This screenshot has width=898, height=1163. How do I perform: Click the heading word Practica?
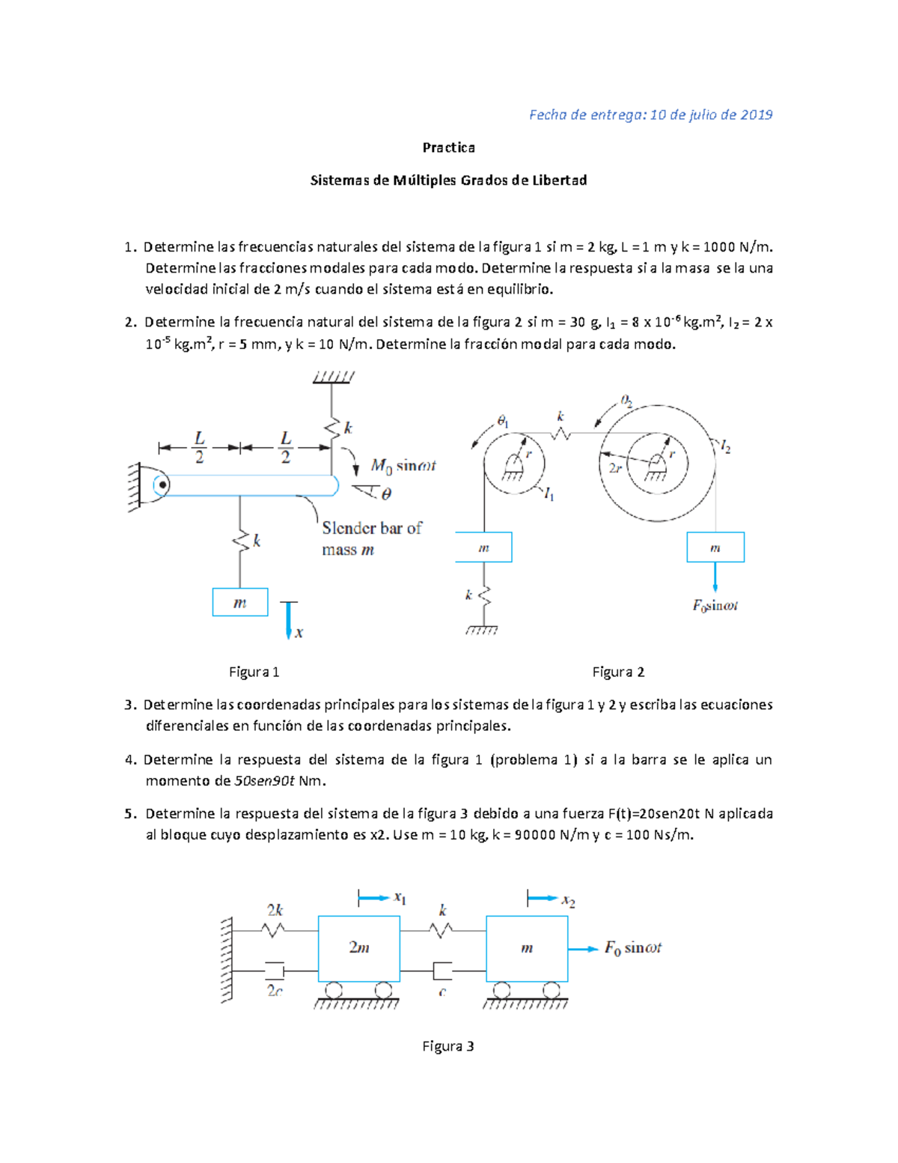448,148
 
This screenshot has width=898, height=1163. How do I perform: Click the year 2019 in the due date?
756,115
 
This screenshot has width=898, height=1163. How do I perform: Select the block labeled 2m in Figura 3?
359,948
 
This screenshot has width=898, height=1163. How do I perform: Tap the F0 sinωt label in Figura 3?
633,948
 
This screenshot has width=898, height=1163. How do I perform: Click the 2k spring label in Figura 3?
275,910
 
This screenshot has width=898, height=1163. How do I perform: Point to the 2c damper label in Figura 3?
275,990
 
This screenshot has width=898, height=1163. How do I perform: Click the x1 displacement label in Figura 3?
400,898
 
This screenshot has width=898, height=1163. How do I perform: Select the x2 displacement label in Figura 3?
569,901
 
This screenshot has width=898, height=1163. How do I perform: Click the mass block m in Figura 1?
240,602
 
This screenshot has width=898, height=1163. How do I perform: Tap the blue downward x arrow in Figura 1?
289,621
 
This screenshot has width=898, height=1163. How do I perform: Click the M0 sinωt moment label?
403,466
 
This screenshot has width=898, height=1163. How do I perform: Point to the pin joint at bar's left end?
161,485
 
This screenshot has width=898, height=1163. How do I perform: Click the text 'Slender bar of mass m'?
371,538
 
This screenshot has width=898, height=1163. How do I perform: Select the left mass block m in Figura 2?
483,547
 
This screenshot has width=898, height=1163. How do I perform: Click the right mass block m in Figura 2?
715,547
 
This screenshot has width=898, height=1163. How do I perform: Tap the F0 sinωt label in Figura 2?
715,605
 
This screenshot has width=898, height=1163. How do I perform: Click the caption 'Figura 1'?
254,672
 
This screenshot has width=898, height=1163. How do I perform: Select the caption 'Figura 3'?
448,1046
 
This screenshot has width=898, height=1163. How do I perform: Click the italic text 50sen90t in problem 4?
264,781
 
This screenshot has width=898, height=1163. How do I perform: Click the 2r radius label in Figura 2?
615,467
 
